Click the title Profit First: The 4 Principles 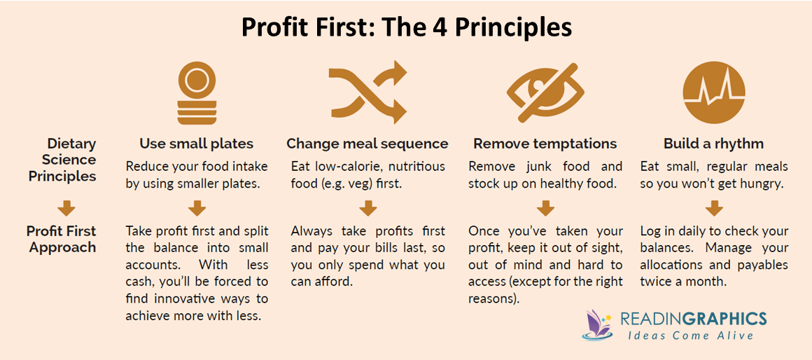[407, 27]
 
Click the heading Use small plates [197, 144]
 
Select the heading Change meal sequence [367, 144]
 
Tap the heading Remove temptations [545, 144]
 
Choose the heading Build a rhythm [713, 144]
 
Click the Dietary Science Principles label [63, 160]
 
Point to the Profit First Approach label [62, 239]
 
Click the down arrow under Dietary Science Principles [66, 207]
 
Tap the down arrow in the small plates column [197, 207]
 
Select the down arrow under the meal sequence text [367, 207]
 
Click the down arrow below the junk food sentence [545, 207]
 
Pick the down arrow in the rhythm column [713, 207]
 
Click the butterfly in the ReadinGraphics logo [597, 325]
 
